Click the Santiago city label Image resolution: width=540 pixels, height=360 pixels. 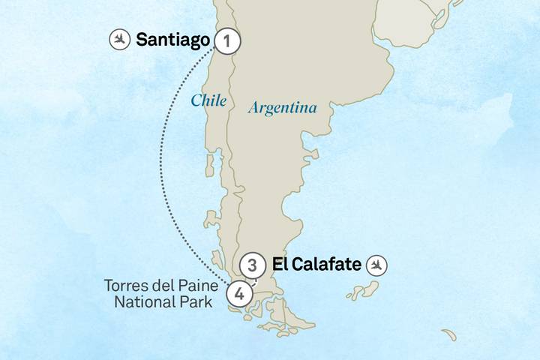pos(172,40)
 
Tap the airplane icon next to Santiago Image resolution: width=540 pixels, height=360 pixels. pos(119,40)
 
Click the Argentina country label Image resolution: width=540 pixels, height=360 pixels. pos(282,108)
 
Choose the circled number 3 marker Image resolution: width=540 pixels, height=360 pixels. pos(253,265)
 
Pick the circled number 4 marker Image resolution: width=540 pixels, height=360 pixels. pos(238,292)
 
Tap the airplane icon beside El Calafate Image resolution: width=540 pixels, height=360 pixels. pos(378,265)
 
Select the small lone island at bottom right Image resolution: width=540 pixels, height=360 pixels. pos(449,334)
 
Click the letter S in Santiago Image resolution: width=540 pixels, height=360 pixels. pos(142,40)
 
